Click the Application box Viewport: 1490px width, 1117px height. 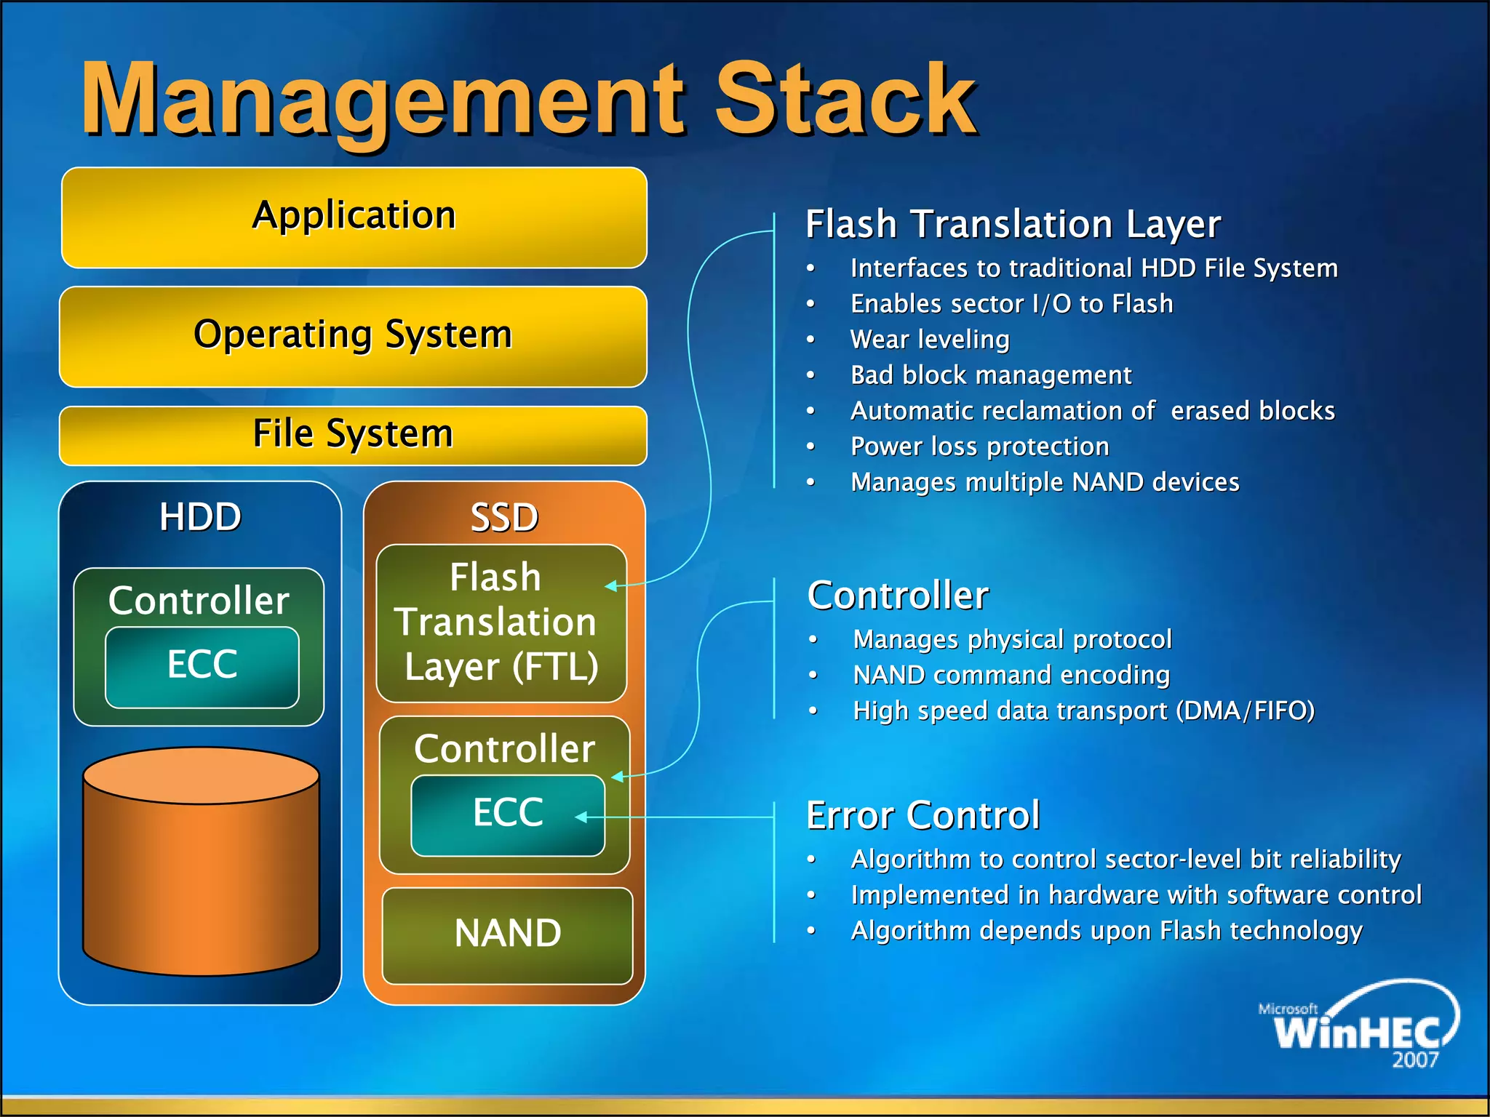coord(354,217)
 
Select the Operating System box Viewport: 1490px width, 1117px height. coord(354,335)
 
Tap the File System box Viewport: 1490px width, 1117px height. coord(354,434)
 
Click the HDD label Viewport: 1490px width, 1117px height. coord(200,517)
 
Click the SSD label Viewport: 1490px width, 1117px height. coord(504,518)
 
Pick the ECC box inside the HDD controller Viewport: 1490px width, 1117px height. coord(202,666)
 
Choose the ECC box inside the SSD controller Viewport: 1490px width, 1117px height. coord(507,814)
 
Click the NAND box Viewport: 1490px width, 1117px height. coord(507,934)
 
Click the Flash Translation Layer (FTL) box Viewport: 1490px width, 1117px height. coord(501,622)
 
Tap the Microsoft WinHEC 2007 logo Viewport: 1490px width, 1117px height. coord(1358,1025)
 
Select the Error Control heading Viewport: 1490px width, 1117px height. coord(923,815)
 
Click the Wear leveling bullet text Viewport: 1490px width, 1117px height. coord(930,340)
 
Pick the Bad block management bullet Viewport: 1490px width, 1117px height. coord(991,375)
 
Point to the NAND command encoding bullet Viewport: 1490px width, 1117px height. coord(1011,676)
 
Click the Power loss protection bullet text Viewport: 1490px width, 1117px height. coord(980,447)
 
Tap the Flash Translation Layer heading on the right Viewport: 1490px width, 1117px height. coord(1013,224)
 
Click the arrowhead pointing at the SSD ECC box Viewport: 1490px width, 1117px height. coord(581,817)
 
